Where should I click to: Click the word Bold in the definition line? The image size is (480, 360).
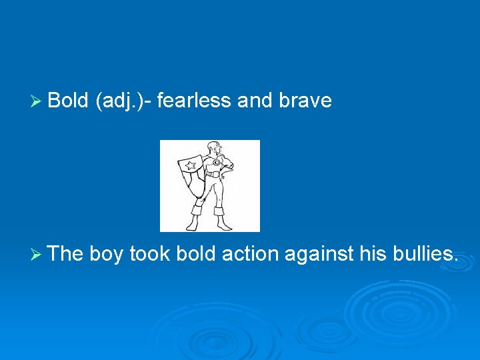(x=69, y=101)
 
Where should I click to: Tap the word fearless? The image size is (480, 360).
(x=195, y=101)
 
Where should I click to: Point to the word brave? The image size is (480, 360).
(x=305, y=101)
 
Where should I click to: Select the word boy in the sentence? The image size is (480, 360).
(x=106, y=254)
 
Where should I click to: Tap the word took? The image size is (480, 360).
(x=150, y=253)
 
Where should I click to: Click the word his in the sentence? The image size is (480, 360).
(x=371, y=253)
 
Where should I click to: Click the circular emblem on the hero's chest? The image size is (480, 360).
(x=216, y=161)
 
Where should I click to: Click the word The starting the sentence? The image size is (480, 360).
(x=66, y=253)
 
